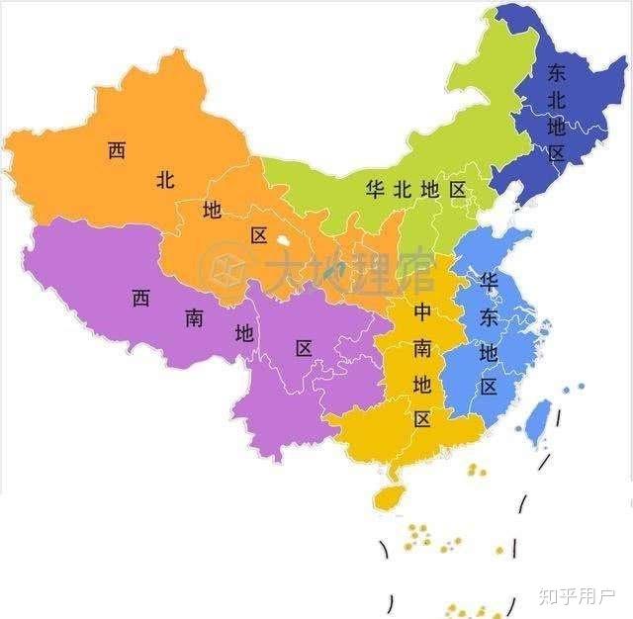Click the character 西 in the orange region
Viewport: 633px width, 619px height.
(x=118, y=151)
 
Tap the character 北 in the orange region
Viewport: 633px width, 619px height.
(x=165, y=180)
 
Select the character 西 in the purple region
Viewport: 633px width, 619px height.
(x=140, y=298)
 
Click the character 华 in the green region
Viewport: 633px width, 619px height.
(x=375, y=189)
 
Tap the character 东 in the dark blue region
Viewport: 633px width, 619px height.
(x=556, y=72)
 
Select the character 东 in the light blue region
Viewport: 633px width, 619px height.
(x=488, y=317)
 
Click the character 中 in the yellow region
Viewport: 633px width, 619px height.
(x=422, y=312)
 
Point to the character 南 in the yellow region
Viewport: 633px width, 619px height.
(x=422, y=347)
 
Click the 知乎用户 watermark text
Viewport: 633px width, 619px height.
(x=577, y=596)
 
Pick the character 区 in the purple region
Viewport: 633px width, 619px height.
(x=304, y=348)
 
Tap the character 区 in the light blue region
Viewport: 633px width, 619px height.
(x=489, y=387)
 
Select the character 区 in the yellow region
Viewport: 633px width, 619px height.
(x=422, y=418)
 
